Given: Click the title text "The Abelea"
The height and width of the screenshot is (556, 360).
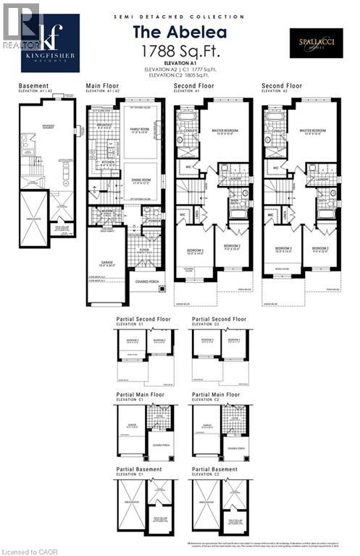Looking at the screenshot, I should click(x=180, y=32).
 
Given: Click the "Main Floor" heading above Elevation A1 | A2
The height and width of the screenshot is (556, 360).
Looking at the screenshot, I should click(x=102, y=85).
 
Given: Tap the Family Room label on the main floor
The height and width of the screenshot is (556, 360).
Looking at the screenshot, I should click(x=138, y=130).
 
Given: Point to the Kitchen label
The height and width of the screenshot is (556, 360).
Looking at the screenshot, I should click(x=101, y=164).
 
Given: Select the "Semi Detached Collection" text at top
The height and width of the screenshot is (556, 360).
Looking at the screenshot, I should click(x=180, y=15).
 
